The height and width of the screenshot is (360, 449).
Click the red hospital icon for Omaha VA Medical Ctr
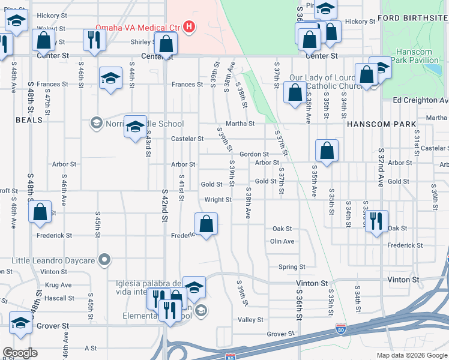190,26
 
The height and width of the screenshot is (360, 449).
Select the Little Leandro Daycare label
54,260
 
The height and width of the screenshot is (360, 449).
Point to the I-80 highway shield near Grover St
340,329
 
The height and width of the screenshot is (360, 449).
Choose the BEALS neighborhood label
29,120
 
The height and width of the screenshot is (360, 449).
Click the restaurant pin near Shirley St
94,38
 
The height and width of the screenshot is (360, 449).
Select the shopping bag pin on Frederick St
206,224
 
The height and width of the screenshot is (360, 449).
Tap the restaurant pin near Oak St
377,221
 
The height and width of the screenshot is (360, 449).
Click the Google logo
20,353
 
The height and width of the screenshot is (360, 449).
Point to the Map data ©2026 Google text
412,355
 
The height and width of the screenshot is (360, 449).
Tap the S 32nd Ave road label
380,168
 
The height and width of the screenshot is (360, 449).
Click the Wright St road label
218,199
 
